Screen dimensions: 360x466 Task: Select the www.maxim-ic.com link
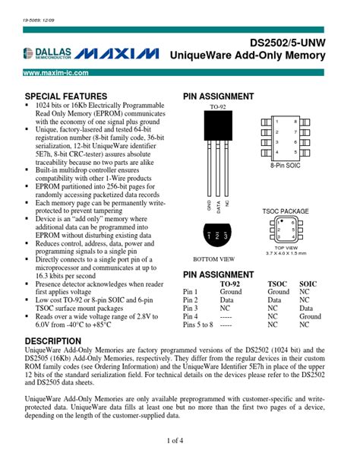(56, 73)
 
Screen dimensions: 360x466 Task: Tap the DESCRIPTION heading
(53, 341)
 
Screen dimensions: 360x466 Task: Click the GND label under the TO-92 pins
(209, 205)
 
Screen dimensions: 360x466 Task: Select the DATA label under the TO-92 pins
(217, 205)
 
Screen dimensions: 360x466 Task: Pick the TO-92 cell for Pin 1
(231, 291)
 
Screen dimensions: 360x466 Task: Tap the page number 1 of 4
(179, 441)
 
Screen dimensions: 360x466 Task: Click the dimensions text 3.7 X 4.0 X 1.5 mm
(285, 252)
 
